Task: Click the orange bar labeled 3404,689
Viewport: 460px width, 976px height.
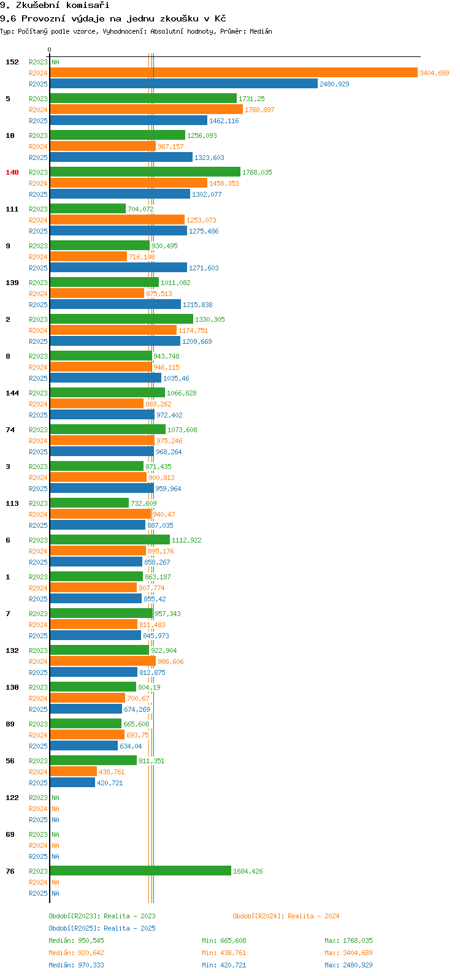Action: click(233, 73)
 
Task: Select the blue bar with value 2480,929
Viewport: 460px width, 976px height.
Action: click(184, 84)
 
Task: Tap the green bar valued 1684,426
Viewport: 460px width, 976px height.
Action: click(140, 871)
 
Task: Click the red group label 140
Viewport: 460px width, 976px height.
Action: click(12, 172)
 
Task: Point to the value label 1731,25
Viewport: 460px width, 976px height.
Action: click(251, 99)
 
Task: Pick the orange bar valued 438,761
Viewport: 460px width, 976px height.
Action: click(74, 772)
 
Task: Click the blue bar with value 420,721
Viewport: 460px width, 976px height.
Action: click(72, 783)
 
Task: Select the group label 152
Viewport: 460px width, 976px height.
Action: click(12, 62)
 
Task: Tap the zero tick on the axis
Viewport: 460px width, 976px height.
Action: click(50, 50)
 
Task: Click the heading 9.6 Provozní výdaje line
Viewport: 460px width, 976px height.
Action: click(113, 18)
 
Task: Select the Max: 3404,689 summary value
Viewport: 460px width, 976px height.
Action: click(348, 953)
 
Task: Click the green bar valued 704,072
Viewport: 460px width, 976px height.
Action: click(88, 209)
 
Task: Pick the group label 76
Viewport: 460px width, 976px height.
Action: click(10, 871)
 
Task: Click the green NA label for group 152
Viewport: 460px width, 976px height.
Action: click(55, 62)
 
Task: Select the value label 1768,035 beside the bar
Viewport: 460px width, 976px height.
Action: click(257, 172)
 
